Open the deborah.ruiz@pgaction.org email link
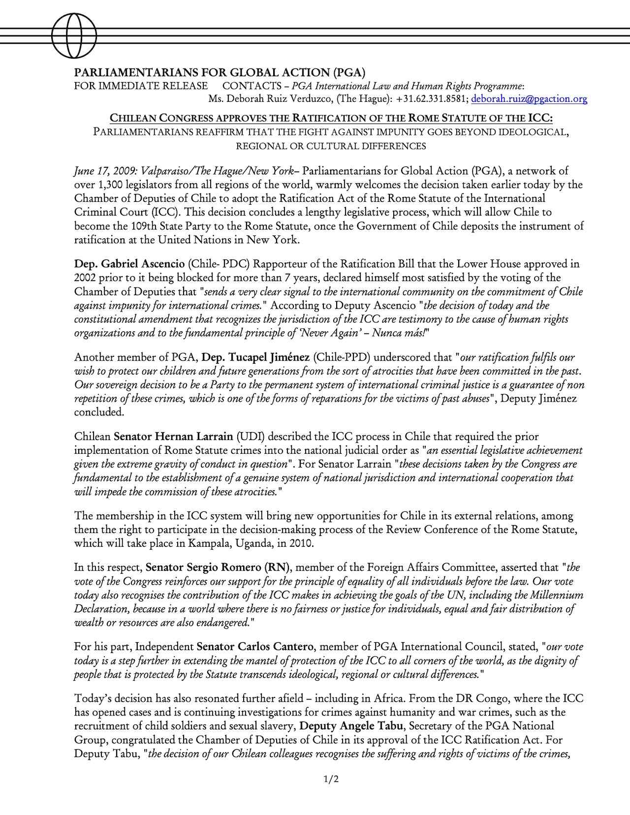(x=529, y=99)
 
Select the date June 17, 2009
(x=101, y=171)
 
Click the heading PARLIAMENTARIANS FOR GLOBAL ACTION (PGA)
(x=220, y=73)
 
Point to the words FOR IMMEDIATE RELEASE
(x=141, y=86)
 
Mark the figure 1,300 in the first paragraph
(x=108, y=185)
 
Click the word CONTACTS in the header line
(x=252, y=86)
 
